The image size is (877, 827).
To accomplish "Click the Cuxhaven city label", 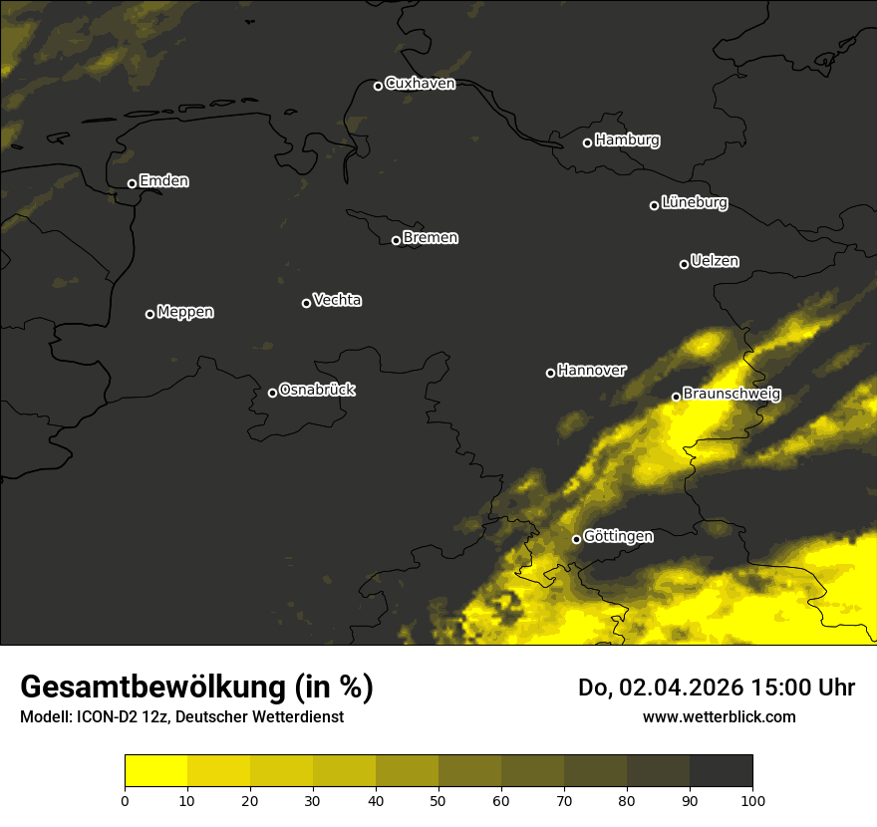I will tap(420, 84).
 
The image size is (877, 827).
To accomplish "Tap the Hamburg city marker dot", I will tap(587, 142).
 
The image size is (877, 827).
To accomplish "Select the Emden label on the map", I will tap(163, 181).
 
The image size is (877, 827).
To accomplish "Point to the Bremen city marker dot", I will tap(396, 240).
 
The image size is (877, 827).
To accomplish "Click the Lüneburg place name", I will tap(694, 203).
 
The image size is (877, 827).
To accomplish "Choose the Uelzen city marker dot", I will tap(684, 264).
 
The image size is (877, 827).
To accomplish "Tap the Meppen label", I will tap(184, 312).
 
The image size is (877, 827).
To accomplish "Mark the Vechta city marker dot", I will tap(306, 303).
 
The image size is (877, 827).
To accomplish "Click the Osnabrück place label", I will tap(317, 390).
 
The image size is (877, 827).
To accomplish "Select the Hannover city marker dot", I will tap(550, 373).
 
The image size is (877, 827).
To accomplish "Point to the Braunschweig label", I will tap(731, 394).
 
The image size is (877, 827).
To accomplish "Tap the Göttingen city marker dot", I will tap(576, 539).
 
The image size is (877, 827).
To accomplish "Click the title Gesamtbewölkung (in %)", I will tap(196, 688).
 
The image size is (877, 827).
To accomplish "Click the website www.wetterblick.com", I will tap(719, 716).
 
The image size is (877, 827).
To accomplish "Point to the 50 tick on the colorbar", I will tap(438, 799).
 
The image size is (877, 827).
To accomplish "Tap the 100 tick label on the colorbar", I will tap(752, 799).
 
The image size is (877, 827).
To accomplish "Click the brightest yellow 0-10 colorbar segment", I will tap(155, 771).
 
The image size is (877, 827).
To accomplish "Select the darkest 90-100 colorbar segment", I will tap(721, 771).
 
